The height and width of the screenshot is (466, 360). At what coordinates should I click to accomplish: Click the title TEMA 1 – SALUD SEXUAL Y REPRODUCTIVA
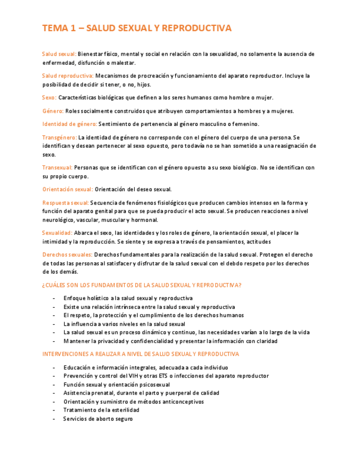point(137,28)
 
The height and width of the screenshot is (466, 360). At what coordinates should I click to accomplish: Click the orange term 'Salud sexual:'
point(59,54)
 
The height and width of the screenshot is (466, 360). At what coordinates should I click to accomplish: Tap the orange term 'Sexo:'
point(49,97)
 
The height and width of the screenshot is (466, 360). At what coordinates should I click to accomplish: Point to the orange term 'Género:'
point(53,110)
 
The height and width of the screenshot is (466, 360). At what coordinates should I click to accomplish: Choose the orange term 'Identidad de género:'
point(70,124)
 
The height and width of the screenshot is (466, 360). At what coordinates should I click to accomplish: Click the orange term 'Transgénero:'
point(59,137)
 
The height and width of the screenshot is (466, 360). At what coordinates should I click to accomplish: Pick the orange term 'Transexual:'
point(57,168)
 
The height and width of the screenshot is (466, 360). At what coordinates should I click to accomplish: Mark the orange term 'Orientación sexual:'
point(68,189)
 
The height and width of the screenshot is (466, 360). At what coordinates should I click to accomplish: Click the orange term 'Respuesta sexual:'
point(65,203)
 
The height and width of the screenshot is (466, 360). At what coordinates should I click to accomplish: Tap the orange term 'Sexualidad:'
point(57,233)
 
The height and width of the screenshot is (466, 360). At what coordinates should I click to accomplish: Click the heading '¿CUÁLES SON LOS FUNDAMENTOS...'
point(142,285)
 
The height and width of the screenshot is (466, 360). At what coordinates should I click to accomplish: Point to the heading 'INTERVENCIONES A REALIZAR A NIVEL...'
point(141,354)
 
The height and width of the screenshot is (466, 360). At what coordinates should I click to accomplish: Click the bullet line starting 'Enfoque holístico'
point(128,298)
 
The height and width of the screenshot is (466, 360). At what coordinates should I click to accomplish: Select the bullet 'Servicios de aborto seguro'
point(98,418)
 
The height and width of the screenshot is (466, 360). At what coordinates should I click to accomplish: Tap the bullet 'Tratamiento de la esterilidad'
point(101,410)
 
